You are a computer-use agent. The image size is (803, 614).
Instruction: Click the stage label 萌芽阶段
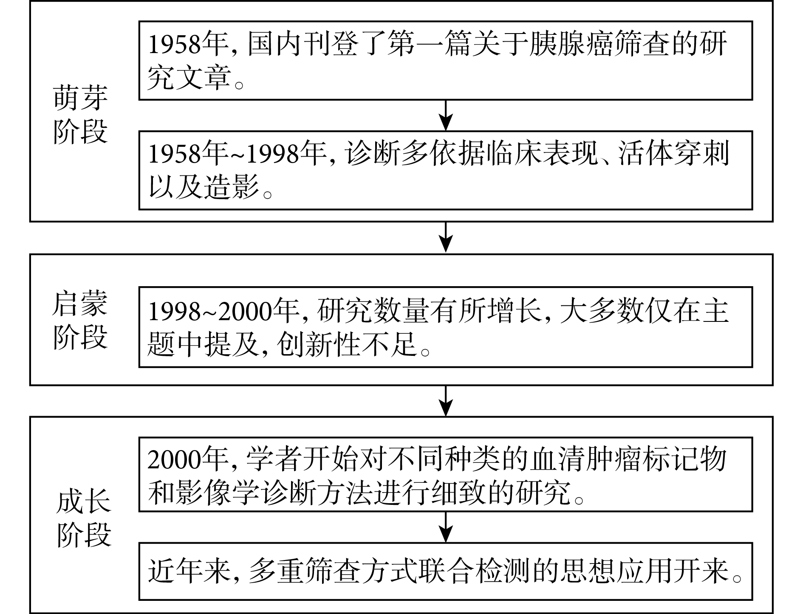click(81, 114)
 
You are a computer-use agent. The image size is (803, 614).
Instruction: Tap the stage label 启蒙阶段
click(80, 320)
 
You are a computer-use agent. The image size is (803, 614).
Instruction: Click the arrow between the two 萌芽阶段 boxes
click(445, 115)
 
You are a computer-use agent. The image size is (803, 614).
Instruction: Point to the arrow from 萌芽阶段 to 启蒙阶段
click(445, 237)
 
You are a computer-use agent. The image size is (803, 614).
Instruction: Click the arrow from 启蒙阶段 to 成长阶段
click(445, 401)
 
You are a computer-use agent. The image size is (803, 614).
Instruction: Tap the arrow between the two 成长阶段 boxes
click(445, 527)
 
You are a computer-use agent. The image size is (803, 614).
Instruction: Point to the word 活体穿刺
click(674, 153)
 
